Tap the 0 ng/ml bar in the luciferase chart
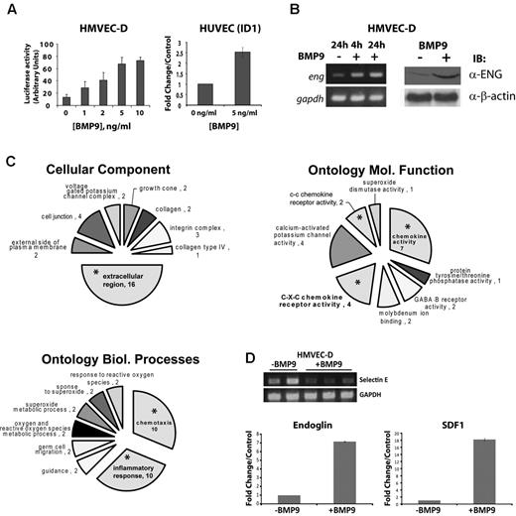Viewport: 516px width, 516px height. [66, 99]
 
